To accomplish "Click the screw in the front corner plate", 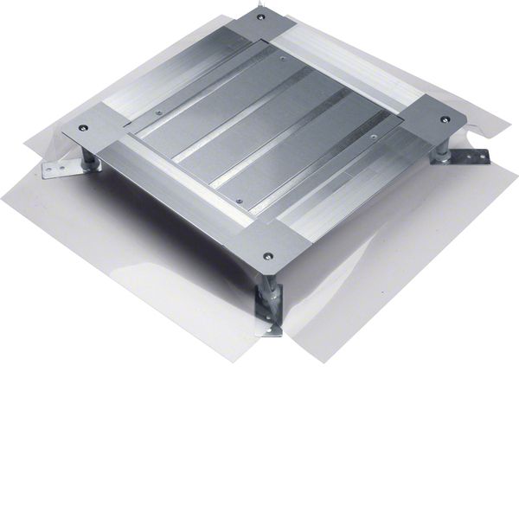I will click(x=267, y=256).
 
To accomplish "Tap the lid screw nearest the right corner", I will click(x=373, y=136).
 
